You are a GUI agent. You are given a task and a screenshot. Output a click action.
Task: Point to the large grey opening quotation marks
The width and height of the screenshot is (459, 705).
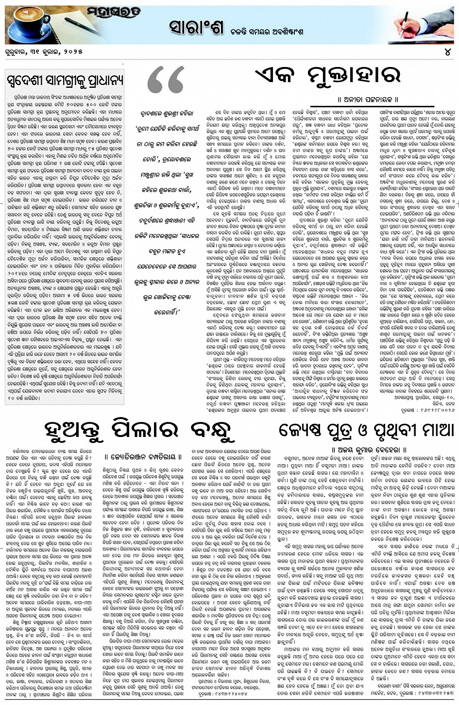[x=166, y=82]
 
